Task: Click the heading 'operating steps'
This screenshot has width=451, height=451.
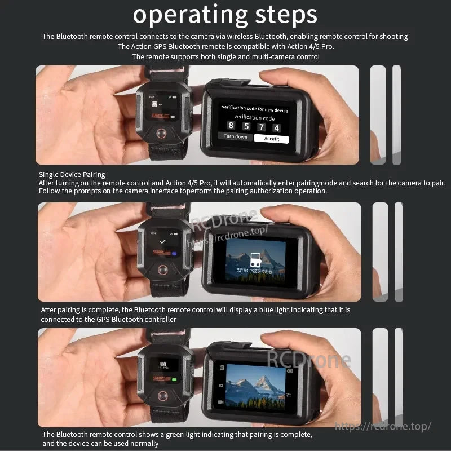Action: point(225,15)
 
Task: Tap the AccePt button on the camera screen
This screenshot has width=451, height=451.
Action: point(271,138)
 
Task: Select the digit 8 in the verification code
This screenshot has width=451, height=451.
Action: point(231,126)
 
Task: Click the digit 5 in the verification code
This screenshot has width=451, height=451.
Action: point(246,126)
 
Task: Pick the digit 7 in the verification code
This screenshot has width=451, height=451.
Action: point(261,127)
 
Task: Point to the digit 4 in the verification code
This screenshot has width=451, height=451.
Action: point(276,127)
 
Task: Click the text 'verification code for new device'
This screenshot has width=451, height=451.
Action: point(255,109)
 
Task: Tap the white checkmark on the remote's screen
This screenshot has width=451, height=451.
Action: point(162,240)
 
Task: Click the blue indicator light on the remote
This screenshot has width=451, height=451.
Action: point(174,254)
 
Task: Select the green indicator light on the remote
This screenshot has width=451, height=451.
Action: point(174,379)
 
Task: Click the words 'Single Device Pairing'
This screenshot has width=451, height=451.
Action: point(72,175)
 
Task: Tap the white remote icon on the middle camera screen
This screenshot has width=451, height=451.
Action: point(254,259)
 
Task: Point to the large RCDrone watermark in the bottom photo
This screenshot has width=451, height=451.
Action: point(308,359)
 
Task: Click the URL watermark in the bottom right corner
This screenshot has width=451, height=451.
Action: point(383,427)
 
